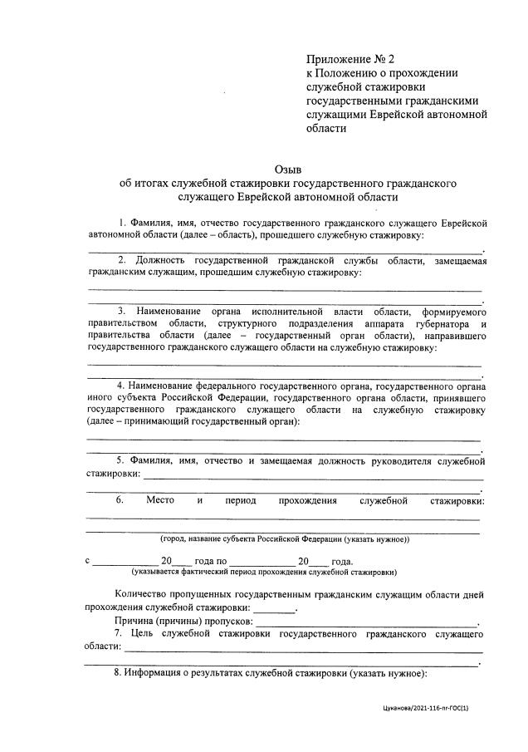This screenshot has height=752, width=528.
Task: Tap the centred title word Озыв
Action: pos(288,169)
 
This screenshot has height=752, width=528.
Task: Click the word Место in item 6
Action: pos(160,500)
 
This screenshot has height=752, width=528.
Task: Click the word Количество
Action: pos(144,595)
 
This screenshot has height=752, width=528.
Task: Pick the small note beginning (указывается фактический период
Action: pos(264,572)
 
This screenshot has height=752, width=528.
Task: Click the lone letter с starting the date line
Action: pos(88,560)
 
